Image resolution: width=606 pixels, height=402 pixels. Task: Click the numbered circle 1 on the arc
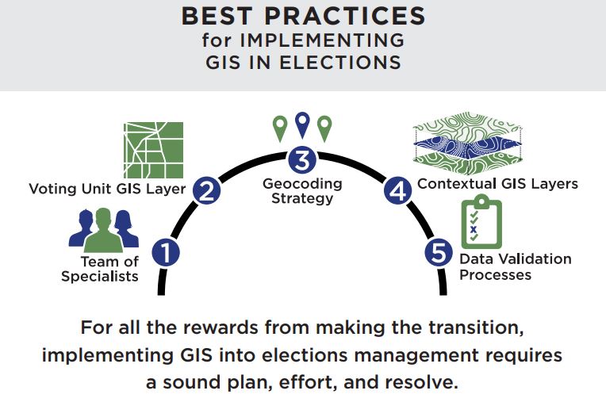pos(166,254)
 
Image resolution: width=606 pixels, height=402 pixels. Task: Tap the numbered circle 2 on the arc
pos(206,190)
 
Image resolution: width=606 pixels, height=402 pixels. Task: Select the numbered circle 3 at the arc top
pos(301,159)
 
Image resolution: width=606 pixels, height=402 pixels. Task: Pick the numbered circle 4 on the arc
pos(397,190)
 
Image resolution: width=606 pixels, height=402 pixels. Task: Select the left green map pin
pos(278,127)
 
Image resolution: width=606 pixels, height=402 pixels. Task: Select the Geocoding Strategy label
pos(302,190)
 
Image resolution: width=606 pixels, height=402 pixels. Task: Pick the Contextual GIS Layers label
pos(497,184)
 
